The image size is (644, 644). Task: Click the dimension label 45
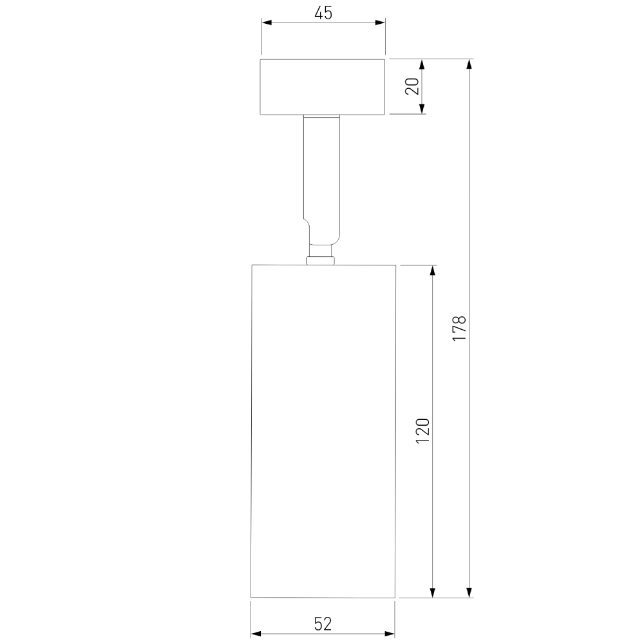323,12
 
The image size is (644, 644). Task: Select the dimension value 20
412,86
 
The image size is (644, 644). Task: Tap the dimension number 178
459,328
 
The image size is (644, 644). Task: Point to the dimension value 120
422,431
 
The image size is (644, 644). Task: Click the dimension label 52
323,623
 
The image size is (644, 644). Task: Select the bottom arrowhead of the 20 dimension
422,109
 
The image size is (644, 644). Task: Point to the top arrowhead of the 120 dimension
433,270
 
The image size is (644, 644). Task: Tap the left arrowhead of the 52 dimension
256,634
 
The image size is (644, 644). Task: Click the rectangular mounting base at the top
323,87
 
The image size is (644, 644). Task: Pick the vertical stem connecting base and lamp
321,174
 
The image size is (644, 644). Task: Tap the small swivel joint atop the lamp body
321,260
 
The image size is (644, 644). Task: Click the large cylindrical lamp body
322,431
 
